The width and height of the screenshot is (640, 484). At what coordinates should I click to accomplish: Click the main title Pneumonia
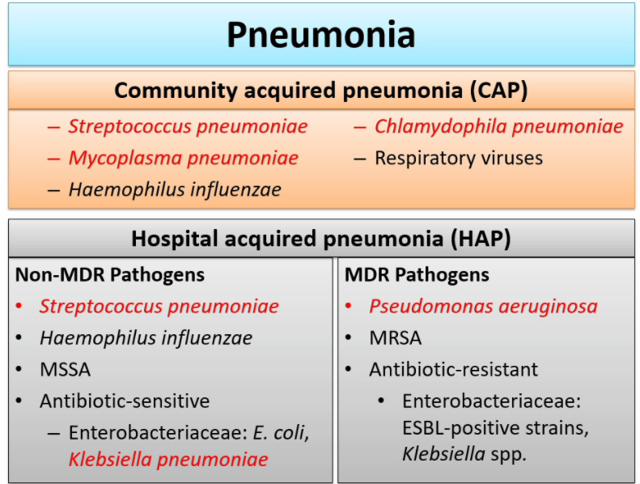coord(320,35)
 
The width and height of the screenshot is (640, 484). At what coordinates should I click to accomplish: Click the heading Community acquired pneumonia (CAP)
coord(320,90)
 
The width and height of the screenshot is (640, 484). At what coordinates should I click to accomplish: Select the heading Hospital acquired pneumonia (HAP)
coord(320,239)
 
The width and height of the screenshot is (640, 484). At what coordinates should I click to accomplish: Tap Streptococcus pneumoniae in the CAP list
coord(188,127)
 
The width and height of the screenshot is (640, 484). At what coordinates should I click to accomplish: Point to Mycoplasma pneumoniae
coord(183,158)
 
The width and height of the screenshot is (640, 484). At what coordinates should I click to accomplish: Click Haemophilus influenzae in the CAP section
coord(175,189)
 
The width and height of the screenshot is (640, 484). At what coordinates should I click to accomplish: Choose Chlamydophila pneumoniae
coord(498,127)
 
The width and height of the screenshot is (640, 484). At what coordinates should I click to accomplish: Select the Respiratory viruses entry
coord(458,158)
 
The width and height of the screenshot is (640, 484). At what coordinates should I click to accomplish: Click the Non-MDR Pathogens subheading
coord(110,274)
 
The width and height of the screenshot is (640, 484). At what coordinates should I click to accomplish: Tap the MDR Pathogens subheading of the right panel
coord(417,274)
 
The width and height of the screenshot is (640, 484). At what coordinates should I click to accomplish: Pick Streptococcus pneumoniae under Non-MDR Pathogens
coord(159,307)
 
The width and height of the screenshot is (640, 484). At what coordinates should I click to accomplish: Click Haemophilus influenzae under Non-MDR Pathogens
coord(146,338)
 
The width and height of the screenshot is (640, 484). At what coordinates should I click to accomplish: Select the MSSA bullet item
coord(65,369)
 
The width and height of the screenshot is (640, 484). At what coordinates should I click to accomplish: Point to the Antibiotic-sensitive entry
coord(125,401)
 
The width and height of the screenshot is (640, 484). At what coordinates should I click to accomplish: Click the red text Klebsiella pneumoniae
coord(168,460)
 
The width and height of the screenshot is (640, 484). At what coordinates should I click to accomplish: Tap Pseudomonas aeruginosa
coord(483,307)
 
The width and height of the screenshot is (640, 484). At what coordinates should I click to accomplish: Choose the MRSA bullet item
coord(396,338)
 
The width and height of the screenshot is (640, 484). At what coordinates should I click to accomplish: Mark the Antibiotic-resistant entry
coord(453,369)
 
